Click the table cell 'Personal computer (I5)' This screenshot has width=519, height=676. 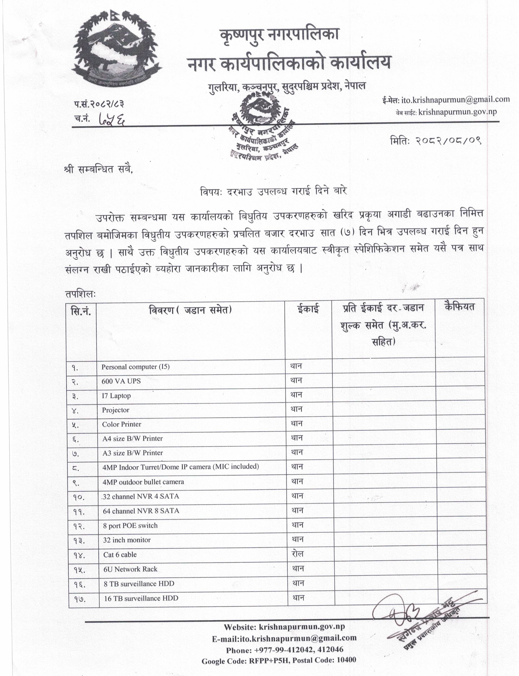coord(135,367)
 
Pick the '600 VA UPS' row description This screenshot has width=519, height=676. coord(121,381)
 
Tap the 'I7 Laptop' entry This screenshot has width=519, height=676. coord(116,395)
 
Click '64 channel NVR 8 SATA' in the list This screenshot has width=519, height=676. coord(141,511)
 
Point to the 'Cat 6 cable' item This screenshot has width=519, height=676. coord(120,555)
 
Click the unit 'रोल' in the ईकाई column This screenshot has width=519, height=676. coord(297,554)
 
